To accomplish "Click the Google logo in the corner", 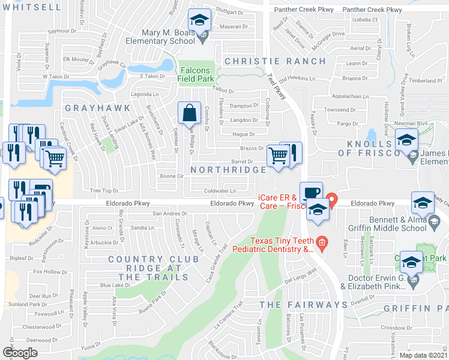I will pos(20,353).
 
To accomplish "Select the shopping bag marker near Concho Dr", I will pos(190,112).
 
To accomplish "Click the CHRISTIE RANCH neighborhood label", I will pos(275,61).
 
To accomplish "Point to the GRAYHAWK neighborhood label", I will pos(89,109).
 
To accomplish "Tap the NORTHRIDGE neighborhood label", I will pos(228,170).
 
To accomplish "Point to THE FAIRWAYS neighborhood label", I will pos(303,305).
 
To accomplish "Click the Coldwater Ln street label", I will pos(220,191).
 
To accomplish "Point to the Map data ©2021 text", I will pos(423,355).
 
